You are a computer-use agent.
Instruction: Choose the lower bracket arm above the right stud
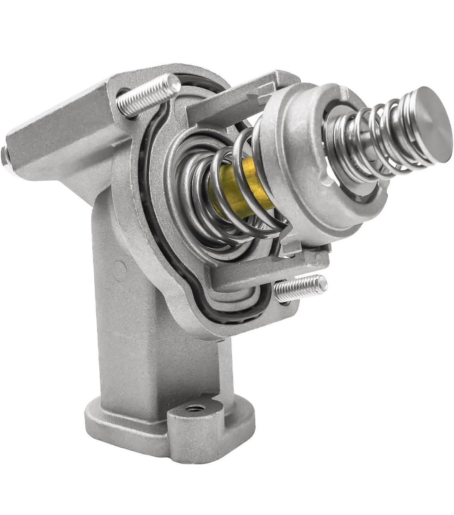point(261,272)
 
